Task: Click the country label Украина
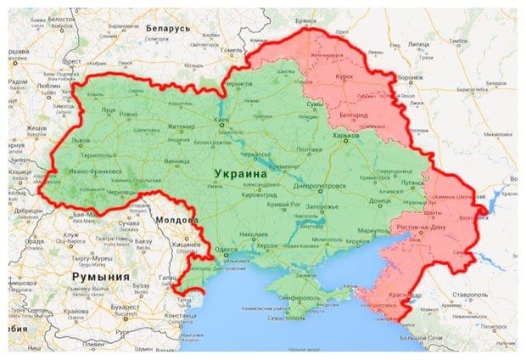pyautogui.click(x=239, y=172)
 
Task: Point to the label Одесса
pyautogui.click(x=226, y=250)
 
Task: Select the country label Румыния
pyautogui.click(x=101, y=277)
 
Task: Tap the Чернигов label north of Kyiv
pyautogui.click(x=240, y=86)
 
